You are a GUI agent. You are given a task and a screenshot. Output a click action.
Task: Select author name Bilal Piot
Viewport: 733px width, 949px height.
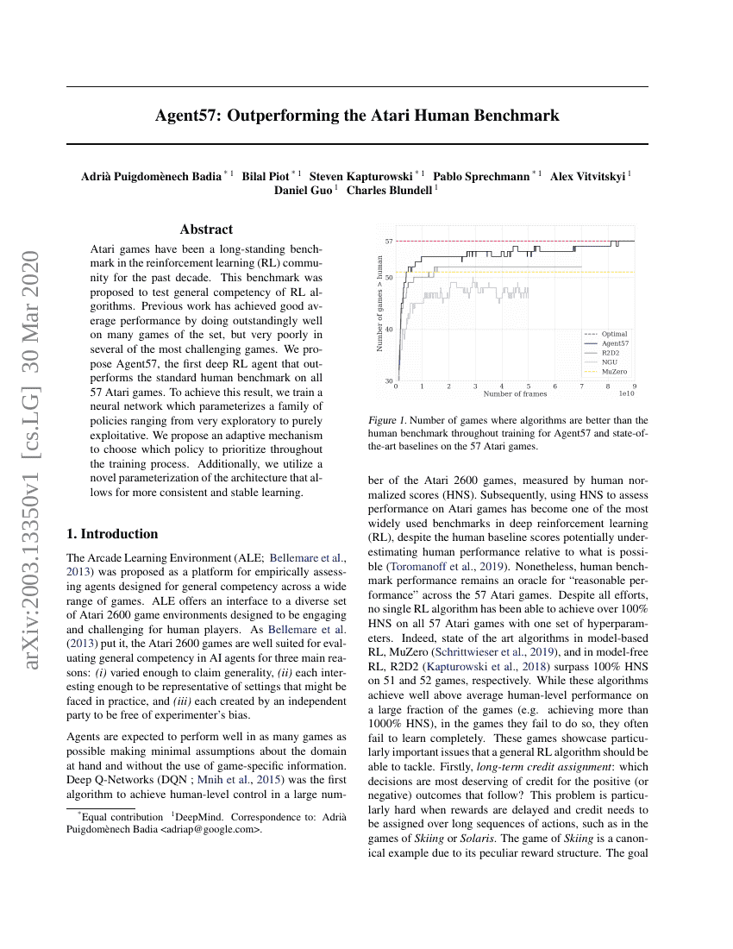pos(266,176)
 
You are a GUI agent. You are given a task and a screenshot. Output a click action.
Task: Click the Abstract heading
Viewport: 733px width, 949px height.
pos(206,229)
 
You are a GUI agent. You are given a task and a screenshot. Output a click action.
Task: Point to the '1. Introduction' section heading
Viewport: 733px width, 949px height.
pos(112,534)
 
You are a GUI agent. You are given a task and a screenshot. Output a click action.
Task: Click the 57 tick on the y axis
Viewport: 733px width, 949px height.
pos(389,242)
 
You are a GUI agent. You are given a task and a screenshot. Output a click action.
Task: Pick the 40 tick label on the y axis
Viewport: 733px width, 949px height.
pos(389,330)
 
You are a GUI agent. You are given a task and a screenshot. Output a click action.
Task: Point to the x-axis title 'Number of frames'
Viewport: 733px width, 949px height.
pos(515,394)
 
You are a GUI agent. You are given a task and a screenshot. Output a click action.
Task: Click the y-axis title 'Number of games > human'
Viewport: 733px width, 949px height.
pos(379,303)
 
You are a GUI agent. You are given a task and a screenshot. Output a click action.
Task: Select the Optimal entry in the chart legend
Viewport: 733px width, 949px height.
pos(614,334)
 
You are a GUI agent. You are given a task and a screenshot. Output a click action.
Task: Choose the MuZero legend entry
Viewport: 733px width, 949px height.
pos(615,370)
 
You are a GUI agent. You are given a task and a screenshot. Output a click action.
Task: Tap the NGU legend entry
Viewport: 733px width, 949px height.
pos(609,361)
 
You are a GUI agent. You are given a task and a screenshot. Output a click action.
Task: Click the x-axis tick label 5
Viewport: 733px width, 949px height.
pos(528,387)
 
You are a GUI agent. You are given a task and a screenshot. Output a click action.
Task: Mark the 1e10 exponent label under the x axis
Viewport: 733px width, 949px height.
pos(627,394)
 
